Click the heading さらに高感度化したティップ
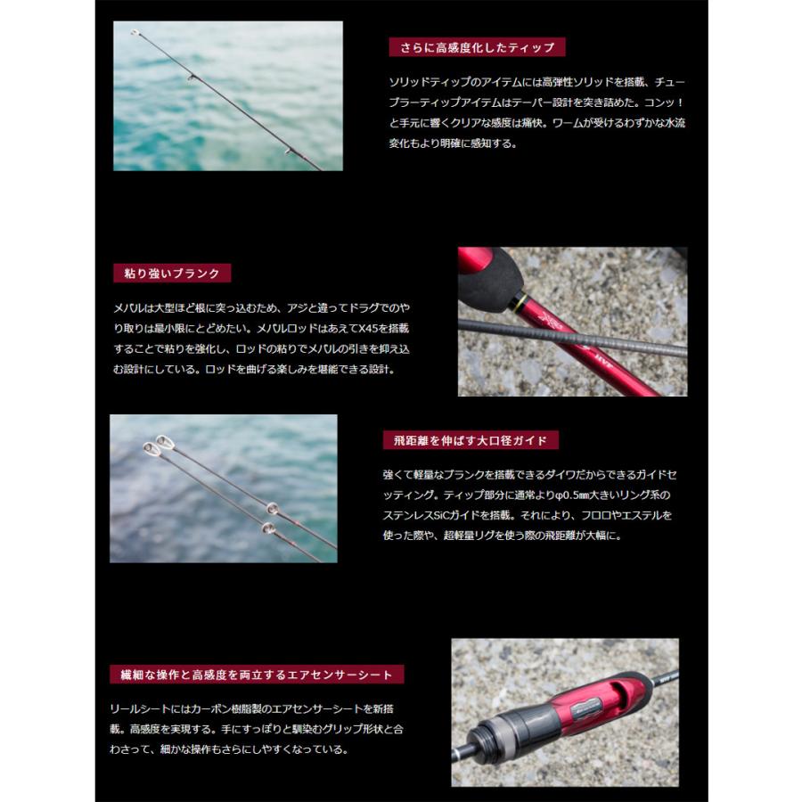[x=477, y=47]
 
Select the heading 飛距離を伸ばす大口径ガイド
[x=470, y=440]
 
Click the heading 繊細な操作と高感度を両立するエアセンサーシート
[x=256, y=674]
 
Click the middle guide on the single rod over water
[x=190, y=78]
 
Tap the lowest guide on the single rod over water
[x=287, y=151]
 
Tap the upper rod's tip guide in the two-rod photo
[x=164, y=441]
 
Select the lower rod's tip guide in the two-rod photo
[x=151, y=449]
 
